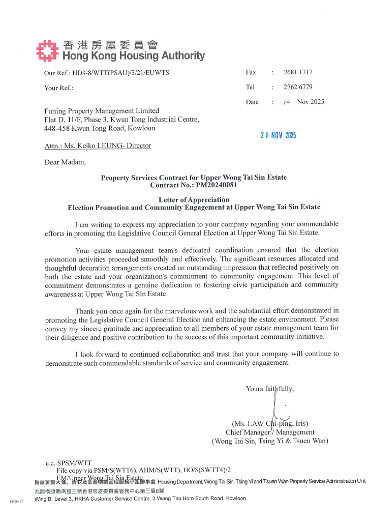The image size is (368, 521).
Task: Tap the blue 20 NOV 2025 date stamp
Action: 278,135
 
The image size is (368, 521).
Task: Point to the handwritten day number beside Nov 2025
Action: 287,102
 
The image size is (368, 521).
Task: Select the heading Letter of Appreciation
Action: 194,200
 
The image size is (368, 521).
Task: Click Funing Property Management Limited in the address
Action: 102,111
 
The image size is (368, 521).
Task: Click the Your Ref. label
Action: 58,88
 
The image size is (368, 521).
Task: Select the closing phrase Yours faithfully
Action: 269,389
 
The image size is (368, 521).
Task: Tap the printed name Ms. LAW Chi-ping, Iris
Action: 270,423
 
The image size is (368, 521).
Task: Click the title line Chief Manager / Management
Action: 270,432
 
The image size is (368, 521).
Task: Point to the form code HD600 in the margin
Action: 17,502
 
